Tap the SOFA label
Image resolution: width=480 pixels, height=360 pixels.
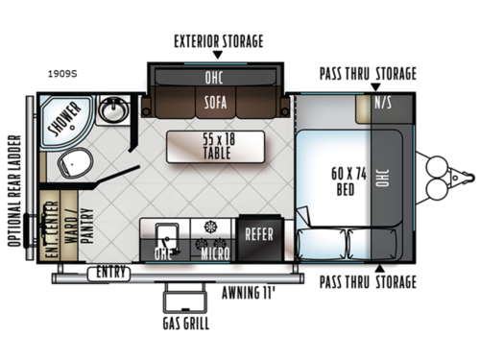(x=216, y=99)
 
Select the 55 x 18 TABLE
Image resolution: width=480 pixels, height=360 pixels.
(x=214, y=146)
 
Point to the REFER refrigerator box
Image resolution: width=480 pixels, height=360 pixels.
(x=260, y=233)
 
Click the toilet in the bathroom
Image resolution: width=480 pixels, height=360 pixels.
(x=71, y=165)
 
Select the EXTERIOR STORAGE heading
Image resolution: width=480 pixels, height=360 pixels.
(x=218, y=41)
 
